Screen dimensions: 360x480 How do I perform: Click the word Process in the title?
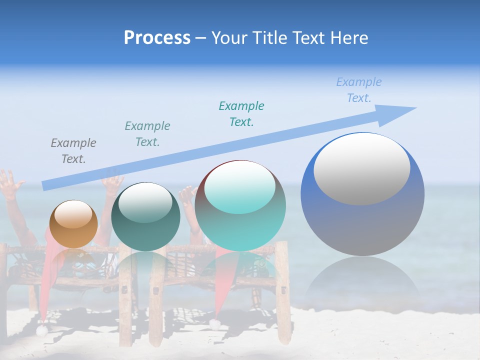coord(157,37)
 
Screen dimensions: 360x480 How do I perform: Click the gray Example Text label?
coord(73,151)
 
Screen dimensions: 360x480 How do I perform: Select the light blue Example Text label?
coord(358,90)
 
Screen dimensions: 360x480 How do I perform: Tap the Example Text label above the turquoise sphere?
coord(241,113)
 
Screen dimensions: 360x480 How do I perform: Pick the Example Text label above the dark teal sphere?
coord(147,133)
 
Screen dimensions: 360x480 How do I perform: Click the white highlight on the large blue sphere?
coord(361,168)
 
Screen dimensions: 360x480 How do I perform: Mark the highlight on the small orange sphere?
coord(73,214)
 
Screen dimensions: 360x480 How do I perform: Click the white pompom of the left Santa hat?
coord(41,330)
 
